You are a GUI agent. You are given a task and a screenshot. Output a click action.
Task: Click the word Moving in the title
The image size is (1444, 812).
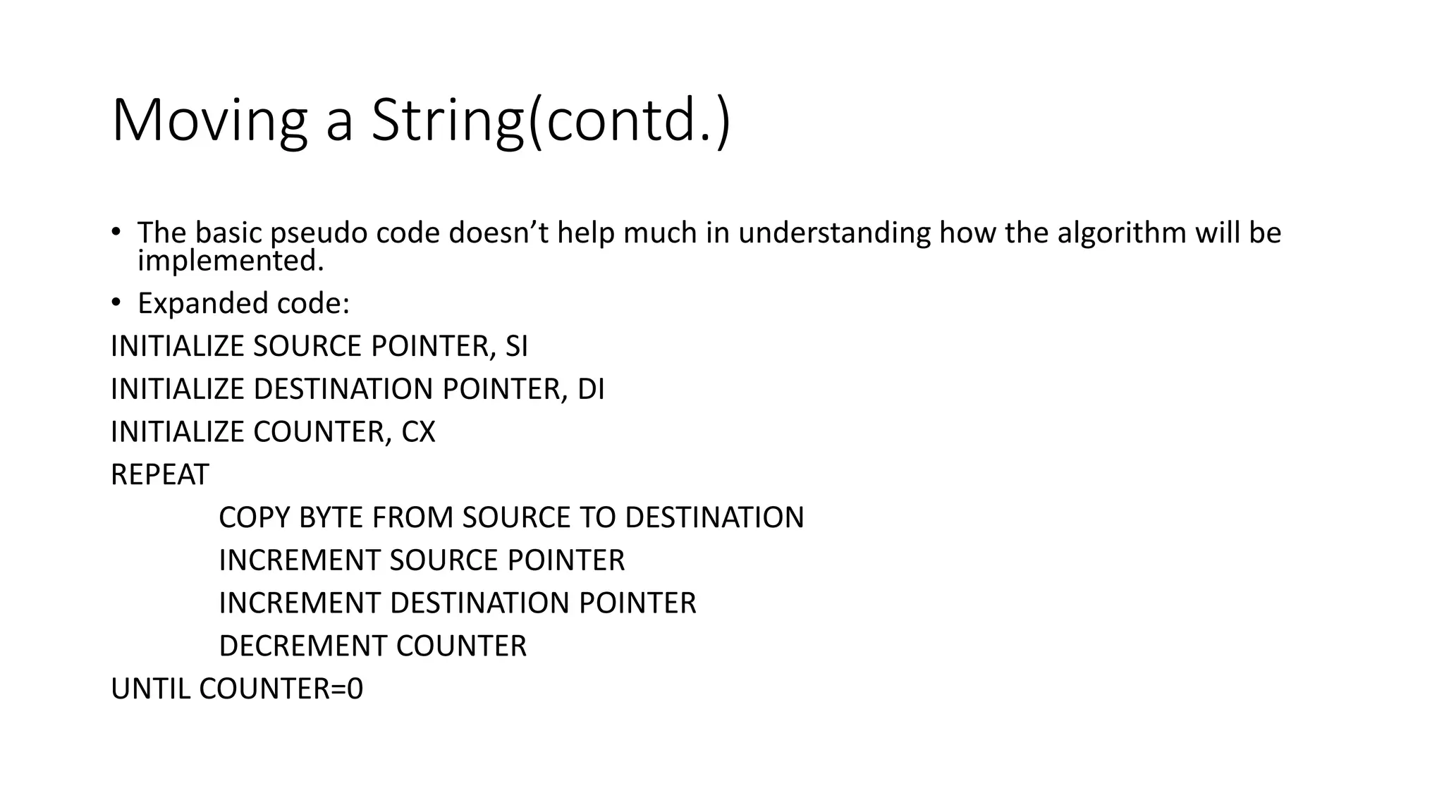coord(209,121)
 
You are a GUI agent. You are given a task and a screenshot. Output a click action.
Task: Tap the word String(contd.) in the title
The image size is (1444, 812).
coord(551,121)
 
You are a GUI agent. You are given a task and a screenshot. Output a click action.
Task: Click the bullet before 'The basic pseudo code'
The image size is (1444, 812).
coord(116,232)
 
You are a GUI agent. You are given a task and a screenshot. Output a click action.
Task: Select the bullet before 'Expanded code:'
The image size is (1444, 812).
coord(116,303)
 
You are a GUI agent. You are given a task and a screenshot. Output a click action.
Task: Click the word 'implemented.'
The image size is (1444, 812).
coord(231,261)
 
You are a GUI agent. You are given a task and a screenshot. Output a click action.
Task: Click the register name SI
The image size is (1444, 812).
coord(516,346)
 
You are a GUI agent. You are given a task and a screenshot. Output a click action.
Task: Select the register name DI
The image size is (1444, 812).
coord(591,389)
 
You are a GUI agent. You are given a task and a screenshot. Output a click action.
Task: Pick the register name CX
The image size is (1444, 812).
coord(418,432)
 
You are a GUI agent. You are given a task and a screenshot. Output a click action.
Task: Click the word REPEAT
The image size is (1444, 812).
coord(160,475)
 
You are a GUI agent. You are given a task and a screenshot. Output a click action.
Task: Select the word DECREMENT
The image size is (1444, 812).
coord(303,646)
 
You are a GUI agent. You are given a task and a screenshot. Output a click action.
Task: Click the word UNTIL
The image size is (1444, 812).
coord(151,689)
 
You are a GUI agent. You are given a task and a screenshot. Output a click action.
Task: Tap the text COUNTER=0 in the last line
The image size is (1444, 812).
coord(281,689)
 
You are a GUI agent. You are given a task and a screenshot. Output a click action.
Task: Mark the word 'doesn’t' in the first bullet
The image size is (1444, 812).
coord(498,233)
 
